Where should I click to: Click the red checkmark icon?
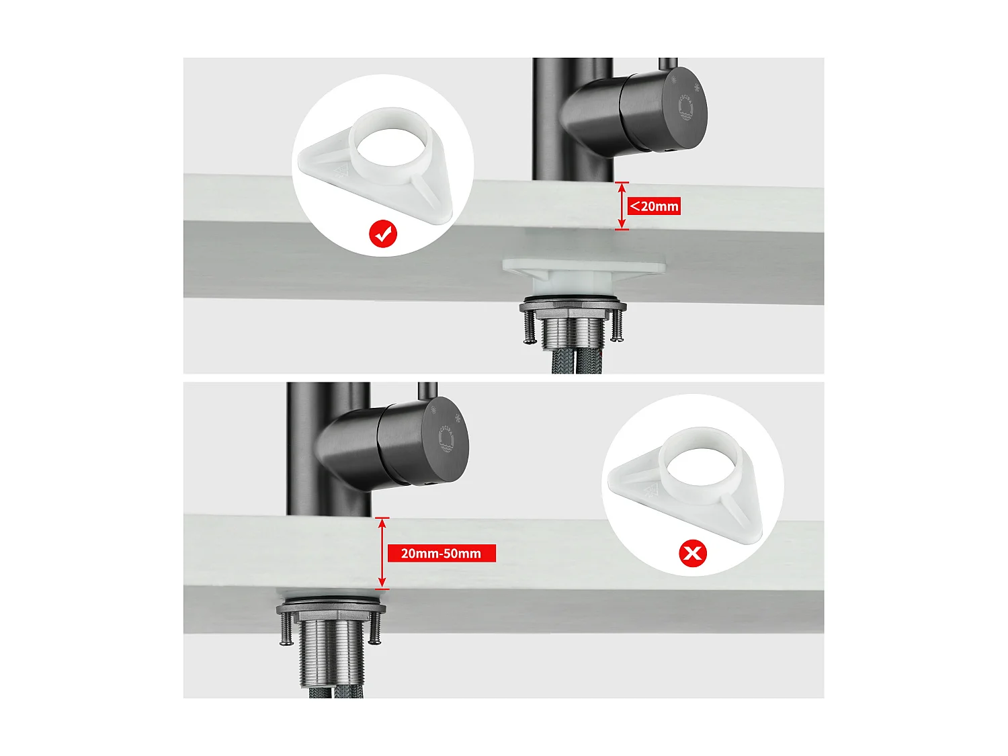pyautogui.click(x=383, y=234)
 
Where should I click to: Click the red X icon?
pyautogui.click(x=693, y=553)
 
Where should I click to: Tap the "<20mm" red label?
pyautogui.click(x=654, y=206)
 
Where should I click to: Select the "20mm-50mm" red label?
pyautogui.click(x=442, y=553)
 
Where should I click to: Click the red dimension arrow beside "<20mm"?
pyautogui.click(x=622, y=206)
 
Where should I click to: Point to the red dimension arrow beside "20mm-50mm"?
pyautogui.click(x=382, y=553)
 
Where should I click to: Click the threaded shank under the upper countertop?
pyautogui.click(x=573, y=333)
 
